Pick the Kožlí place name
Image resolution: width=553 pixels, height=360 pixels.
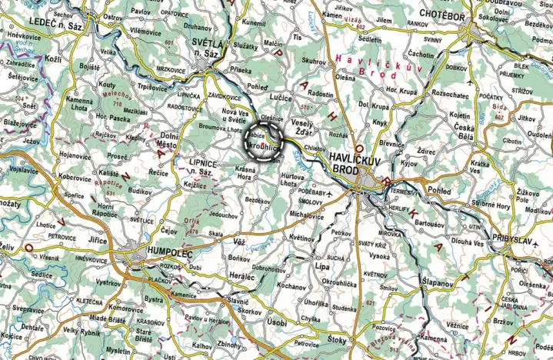point(53,59)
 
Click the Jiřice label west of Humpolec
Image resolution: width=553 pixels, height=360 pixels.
point(98,241)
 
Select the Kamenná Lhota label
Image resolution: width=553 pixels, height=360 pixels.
point(79,105)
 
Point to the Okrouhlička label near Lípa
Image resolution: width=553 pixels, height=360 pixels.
point(338,283)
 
